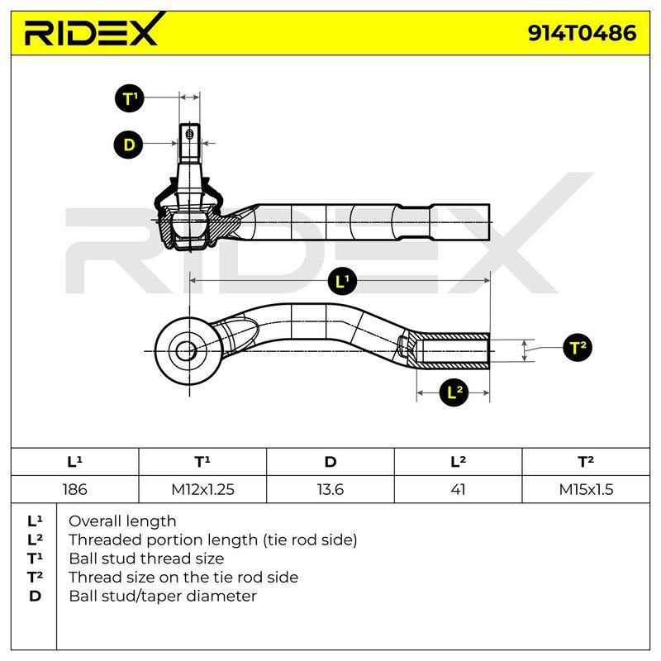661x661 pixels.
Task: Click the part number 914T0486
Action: (x=582, y=33)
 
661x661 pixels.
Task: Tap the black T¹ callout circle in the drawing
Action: (x=130, y=97)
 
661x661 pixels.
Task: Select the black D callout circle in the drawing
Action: (x=129, y=145)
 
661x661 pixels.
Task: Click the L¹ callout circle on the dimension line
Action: (x=342, y=281)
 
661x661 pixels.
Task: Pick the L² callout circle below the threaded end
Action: (x=454, y=392)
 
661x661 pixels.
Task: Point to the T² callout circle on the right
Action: (x=578, y=347)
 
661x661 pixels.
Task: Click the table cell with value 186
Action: (x=75, y=489)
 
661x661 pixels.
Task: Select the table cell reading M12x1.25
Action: (x=202, y=489)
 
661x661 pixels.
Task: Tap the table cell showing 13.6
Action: (x=330, y=489)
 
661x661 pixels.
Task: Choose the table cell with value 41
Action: (x=459, y=489)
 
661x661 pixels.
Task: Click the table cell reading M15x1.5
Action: (x=586, y=489)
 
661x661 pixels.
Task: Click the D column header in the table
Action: (x=330, y=462)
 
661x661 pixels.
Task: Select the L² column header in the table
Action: (x=459, y=462)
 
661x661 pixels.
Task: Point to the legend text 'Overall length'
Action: (x=122, y=521)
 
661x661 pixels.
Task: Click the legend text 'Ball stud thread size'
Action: (x=146, y=559)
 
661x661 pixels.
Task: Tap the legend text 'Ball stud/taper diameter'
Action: (x=163, y=596)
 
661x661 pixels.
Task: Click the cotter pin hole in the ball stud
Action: (x=189, y=134)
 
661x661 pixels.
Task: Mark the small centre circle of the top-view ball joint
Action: (x=186, y=350)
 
